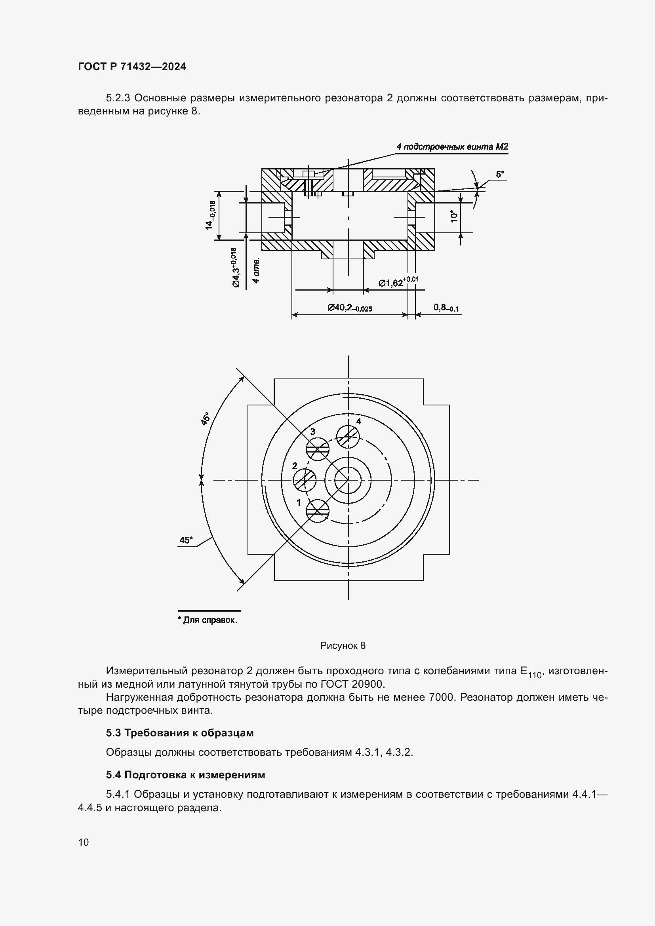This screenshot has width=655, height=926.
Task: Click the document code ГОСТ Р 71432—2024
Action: coord(132,67)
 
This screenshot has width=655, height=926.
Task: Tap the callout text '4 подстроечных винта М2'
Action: coord(452,147)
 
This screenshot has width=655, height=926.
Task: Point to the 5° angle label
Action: coord(500,174)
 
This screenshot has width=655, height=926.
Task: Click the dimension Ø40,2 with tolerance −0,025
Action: coord(349,308)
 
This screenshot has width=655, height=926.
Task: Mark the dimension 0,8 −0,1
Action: coord(446,308)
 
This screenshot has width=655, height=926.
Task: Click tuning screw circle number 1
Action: coord(318,511)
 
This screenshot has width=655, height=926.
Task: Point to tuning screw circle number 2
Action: coord(305,480)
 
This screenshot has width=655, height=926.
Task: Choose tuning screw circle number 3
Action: coord(318,449)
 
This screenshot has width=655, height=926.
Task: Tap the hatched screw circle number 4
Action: coord(348,436)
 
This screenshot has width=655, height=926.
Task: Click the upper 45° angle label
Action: coord(206,418)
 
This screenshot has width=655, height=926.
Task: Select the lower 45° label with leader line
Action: coord(186,540)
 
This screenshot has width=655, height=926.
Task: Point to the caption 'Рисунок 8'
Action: coord(343,645)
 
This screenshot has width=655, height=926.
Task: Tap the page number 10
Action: coord(84,842)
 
